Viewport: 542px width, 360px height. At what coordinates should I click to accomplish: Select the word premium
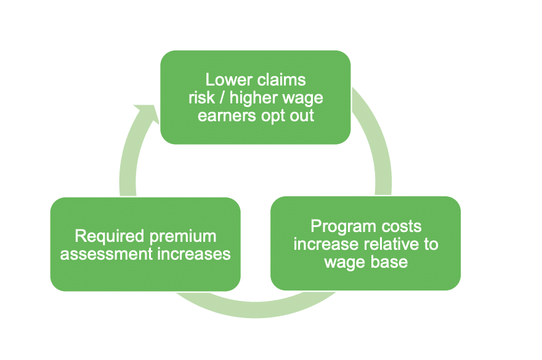click(183, 236)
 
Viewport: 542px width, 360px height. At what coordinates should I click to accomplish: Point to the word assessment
click(103, 253)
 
